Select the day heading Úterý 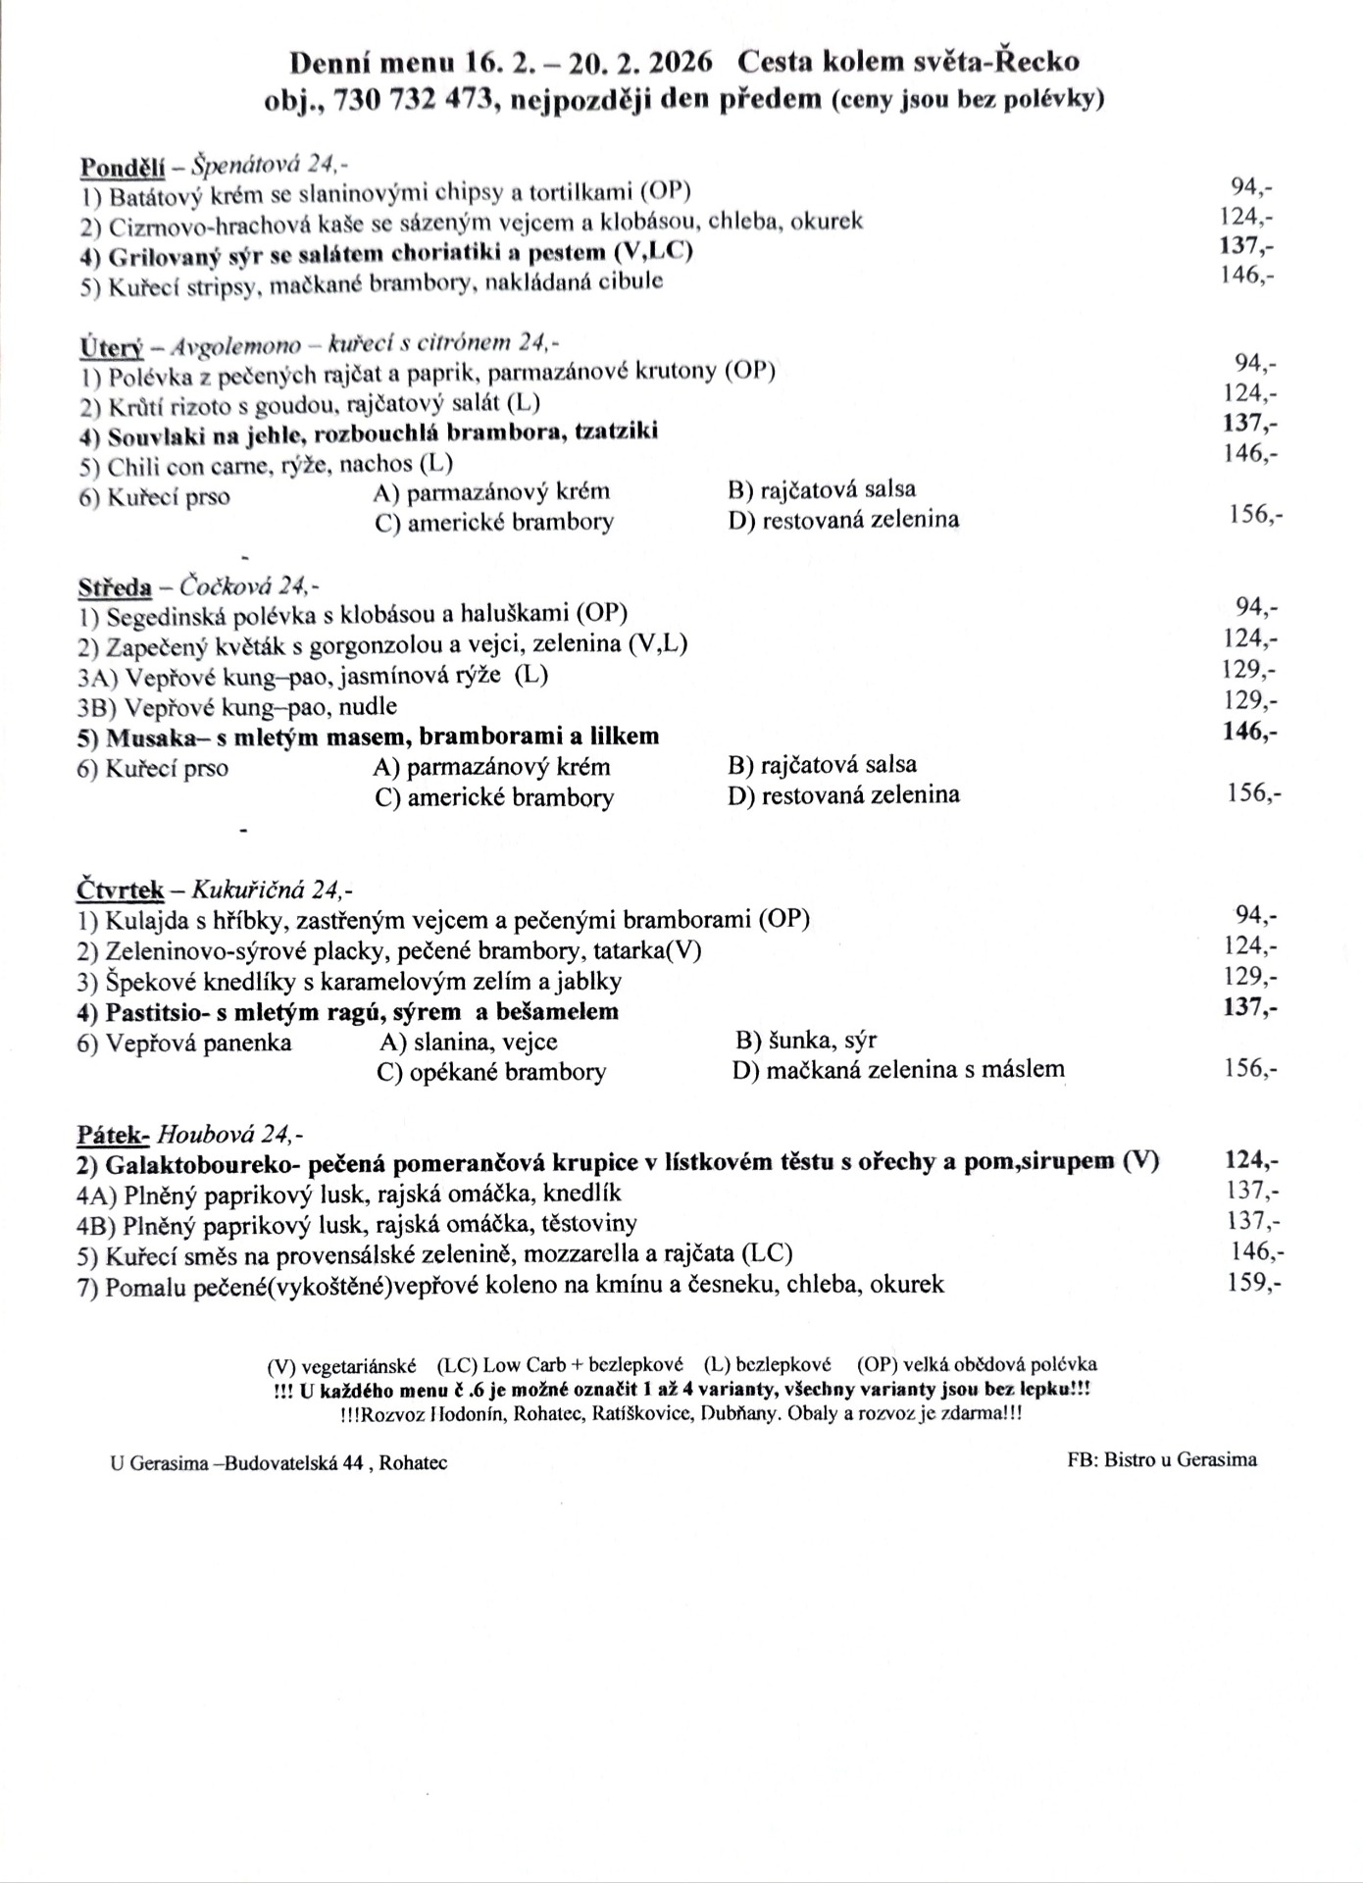[111, 346]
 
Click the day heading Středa [115, 587]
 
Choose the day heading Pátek [113, 1135]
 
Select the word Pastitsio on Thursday [153, 1011]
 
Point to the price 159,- [1252, 1283]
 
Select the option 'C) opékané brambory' [491, 1072]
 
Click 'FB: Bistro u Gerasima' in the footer [1161, 1459]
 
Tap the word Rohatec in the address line [413, 1463]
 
